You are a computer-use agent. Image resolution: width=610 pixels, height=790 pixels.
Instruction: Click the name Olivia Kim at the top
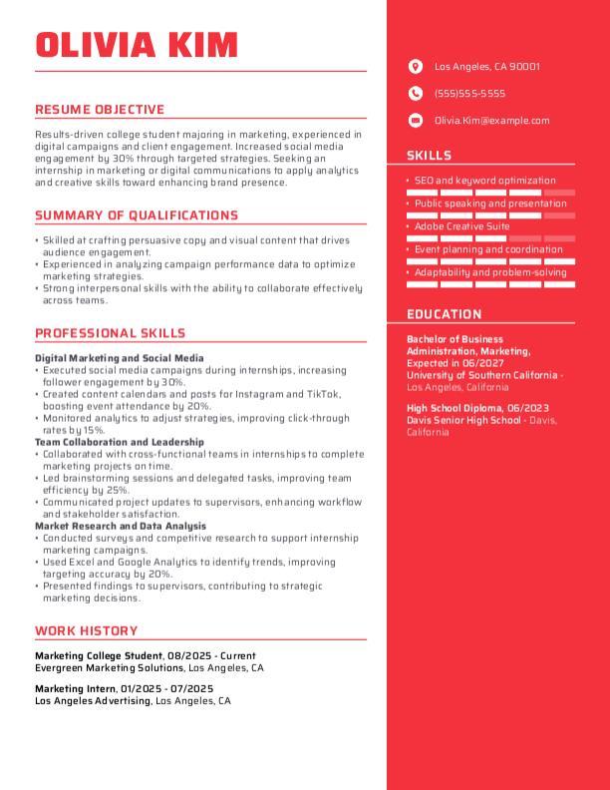[x=137, y=45]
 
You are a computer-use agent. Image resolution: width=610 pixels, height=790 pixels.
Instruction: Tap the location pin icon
[x=416, y=67]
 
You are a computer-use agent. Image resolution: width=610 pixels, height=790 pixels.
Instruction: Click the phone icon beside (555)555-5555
[x=416, y=94]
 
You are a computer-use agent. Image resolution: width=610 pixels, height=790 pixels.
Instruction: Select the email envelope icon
[x=416, y=121]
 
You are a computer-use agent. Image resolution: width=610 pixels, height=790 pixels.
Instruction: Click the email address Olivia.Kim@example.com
[x=491, y=121]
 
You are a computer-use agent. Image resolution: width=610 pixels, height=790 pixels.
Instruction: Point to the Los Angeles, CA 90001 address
[x=486, y=67]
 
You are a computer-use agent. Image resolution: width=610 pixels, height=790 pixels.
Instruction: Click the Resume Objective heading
[x=100, y=110]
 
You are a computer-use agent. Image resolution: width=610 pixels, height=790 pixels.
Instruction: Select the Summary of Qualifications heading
[x=137, y=215]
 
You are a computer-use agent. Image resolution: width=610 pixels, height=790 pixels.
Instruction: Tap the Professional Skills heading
[x=110, y=333]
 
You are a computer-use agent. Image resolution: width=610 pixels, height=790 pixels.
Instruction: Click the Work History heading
[x=86, y=630]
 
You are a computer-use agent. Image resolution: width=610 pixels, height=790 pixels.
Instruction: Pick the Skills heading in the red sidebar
[x=429, y=156]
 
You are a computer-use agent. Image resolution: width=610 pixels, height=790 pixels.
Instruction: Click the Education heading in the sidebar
[x=444, y=314]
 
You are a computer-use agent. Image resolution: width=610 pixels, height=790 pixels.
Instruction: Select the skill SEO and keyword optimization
[x=484, y=181]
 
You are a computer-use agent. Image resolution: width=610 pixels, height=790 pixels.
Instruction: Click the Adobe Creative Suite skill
[x=461, y=226]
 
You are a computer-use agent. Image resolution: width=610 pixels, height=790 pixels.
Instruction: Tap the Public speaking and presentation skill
[x=489, y=203]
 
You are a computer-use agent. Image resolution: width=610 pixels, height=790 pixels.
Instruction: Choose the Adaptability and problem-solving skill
[x=489, y=272]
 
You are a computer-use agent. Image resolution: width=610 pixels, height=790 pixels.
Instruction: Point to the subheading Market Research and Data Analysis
[x=121, y=526]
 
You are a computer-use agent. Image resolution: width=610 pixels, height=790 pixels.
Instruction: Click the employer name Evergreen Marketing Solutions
[x=110, y=667]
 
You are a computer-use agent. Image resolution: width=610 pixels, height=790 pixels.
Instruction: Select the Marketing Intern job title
[x=75, y=688]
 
